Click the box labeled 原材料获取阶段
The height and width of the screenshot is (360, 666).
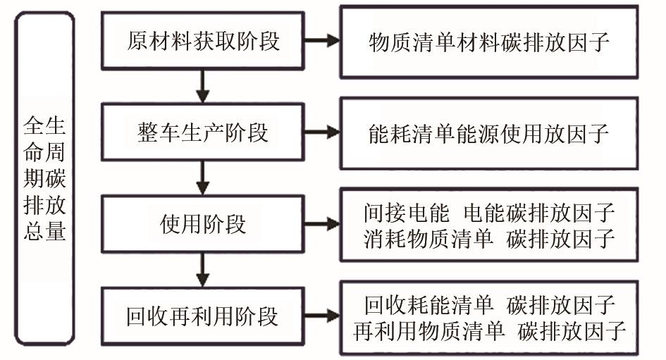tap(203, 41)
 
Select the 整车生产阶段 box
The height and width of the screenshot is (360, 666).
tap(203, 132)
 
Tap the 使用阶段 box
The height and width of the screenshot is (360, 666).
tap(203, 224)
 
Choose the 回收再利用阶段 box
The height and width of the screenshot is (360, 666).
tap(203, 316)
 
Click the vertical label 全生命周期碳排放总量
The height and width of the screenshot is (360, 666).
tap(44, 180)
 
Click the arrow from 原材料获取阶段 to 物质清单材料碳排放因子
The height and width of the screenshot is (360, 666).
tap(322, 41)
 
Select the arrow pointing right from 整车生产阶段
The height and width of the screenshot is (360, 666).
tap(322, 132)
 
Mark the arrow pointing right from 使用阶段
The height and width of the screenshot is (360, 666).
tap(322, 224)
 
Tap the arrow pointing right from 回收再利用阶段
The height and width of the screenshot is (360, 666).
tap(322, 316)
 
